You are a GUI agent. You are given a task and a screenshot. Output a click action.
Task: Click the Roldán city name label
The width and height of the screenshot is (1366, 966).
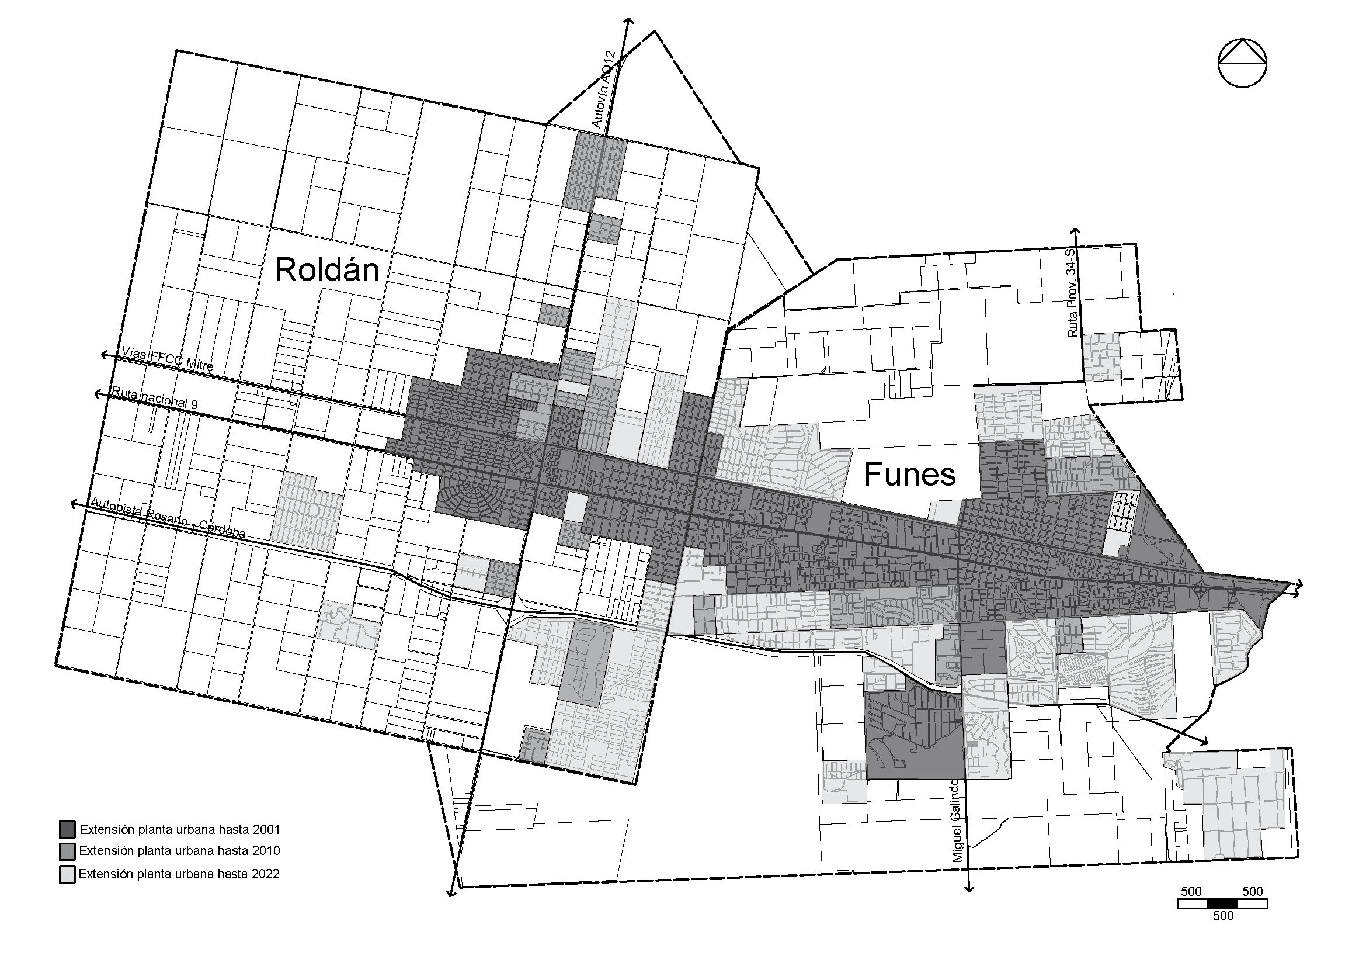(x=326, y=270)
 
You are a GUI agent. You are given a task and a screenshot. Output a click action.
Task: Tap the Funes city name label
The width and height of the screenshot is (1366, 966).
(x=910, y=475)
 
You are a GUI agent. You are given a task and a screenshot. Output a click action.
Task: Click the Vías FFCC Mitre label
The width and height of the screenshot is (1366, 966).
(x=167, y=360)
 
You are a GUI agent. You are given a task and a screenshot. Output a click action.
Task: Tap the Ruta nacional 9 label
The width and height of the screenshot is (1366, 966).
(x=155, y=398)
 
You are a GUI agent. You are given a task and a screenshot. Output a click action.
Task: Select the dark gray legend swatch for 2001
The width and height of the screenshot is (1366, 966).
(x=67, y=829)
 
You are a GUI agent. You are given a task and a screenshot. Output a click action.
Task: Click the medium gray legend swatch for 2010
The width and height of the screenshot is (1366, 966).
(x=67, y=851)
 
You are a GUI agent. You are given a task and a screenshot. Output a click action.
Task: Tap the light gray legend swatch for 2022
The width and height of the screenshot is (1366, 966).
(x=67, y=875)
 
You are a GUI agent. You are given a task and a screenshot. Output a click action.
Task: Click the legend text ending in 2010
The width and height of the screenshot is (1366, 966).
(x=179, y=851)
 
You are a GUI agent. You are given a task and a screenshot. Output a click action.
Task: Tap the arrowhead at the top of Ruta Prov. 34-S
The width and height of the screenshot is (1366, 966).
(x=1075, y=231)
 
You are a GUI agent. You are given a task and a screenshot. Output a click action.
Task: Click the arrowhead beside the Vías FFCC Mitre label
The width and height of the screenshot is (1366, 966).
(x=104, y=355)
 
